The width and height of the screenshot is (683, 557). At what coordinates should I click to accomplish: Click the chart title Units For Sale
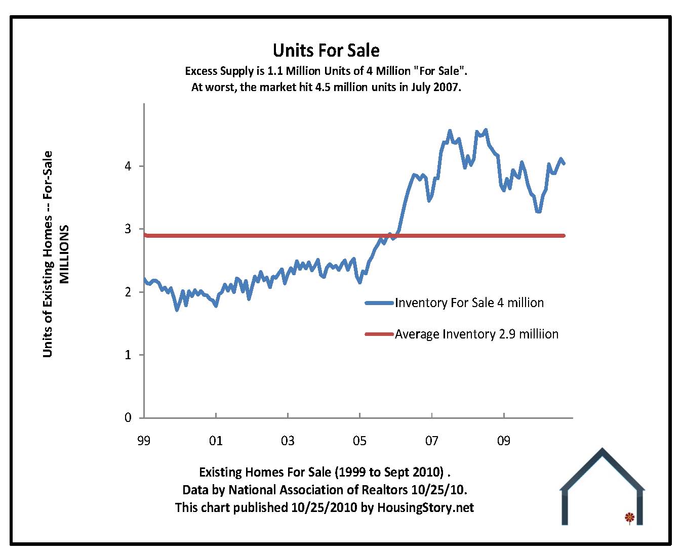[x=326, y=51]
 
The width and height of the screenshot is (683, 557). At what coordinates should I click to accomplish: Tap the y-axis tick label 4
[x=128, y=166]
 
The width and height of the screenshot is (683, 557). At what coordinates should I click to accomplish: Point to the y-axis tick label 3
[x=128, y=229]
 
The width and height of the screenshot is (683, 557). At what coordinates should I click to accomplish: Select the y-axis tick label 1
[x=128, y=355]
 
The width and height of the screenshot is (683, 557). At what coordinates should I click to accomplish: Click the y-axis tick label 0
[x=128, y=418]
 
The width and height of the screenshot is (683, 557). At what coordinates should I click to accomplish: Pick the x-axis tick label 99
[x=144, y=441]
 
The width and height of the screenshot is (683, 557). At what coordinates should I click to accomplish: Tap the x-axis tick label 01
[x=216, y=441]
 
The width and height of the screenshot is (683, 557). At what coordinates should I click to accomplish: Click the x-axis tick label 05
[x=359, y=441]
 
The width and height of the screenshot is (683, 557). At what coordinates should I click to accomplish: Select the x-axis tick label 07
[x=431, y=441]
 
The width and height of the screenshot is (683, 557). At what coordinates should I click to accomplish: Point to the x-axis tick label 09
[x=503, y=441]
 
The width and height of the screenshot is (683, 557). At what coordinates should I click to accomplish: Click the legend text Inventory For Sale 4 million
[x=469, y=303]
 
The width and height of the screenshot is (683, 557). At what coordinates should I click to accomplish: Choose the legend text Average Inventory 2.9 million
[x=476, y=334]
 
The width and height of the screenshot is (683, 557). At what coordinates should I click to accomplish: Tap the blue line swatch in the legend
[x=379, y=303]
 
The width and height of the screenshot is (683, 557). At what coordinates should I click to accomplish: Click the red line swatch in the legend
[x=379, y=334]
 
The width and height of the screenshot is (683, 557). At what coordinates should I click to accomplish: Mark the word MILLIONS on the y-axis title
[x=64, y=254]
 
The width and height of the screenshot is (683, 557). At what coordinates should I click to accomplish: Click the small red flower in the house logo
[x=629, y=517]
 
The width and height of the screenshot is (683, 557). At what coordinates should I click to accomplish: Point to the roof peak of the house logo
[x=602, y=450]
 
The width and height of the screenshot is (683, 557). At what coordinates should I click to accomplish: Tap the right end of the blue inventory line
[x=564, y=163]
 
